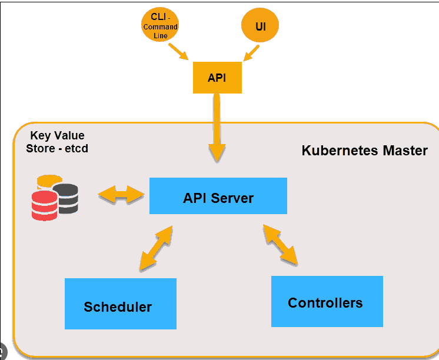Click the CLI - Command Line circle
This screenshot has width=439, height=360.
tap(160, 25)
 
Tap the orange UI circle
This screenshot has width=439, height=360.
tap(260, 25)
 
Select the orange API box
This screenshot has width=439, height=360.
tap(217, 78)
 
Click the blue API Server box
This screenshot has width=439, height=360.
tap(218, 196)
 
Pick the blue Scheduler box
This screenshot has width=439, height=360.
tap(121, 304)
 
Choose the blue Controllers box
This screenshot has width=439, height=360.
tap(327, 302)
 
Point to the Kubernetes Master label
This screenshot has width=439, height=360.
tap(364, 151)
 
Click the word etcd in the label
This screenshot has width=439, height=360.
tap(77, 148)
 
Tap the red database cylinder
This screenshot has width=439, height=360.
tap(45, 205)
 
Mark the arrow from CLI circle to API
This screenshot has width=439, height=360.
tap(178, 52)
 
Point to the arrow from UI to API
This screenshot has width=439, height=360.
tap(251, 53)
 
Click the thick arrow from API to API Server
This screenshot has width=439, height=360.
tap(217, 128)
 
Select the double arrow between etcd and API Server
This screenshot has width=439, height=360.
tap(121, 194)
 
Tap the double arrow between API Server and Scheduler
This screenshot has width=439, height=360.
tap(156, 248)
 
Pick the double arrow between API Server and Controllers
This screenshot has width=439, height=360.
tap(280, 245)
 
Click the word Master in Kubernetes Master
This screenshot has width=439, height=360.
tap(405, 151)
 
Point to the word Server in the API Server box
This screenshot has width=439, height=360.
tap(232, 198)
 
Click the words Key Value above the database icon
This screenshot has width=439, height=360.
tap(58, 135)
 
